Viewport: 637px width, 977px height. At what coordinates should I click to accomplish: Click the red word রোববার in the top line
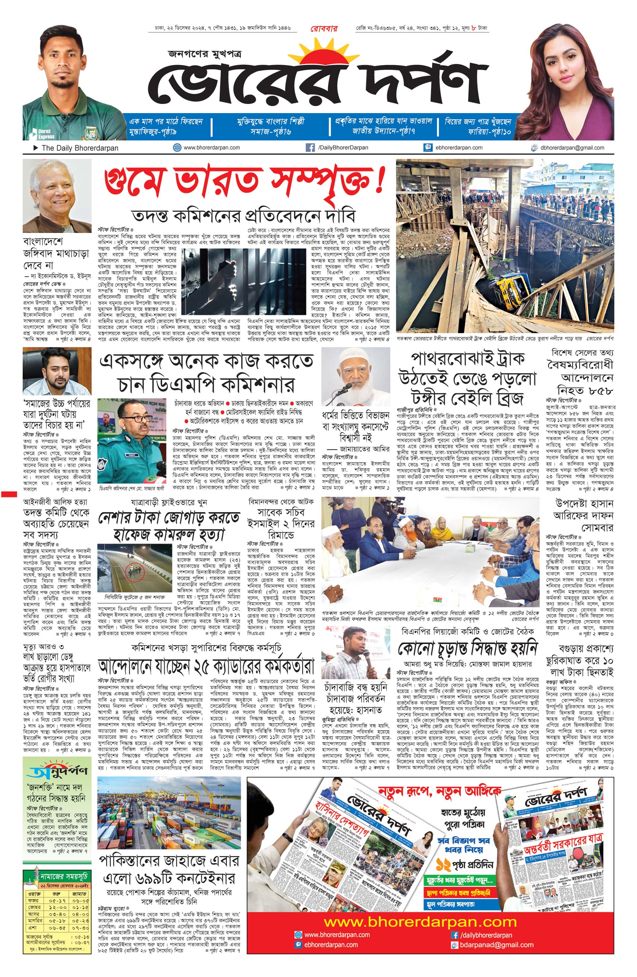[x=324, y=29]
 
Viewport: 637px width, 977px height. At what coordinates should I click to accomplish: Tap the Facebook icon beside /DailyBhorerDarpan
[x=310, y=148]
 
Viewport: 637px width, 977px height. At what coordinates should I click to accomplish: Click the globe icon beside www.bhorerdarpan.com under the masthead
[x=177, y=148]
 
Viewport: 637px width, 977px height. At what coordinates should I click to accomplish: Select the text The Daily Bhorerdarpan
[x=80, y=148]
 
